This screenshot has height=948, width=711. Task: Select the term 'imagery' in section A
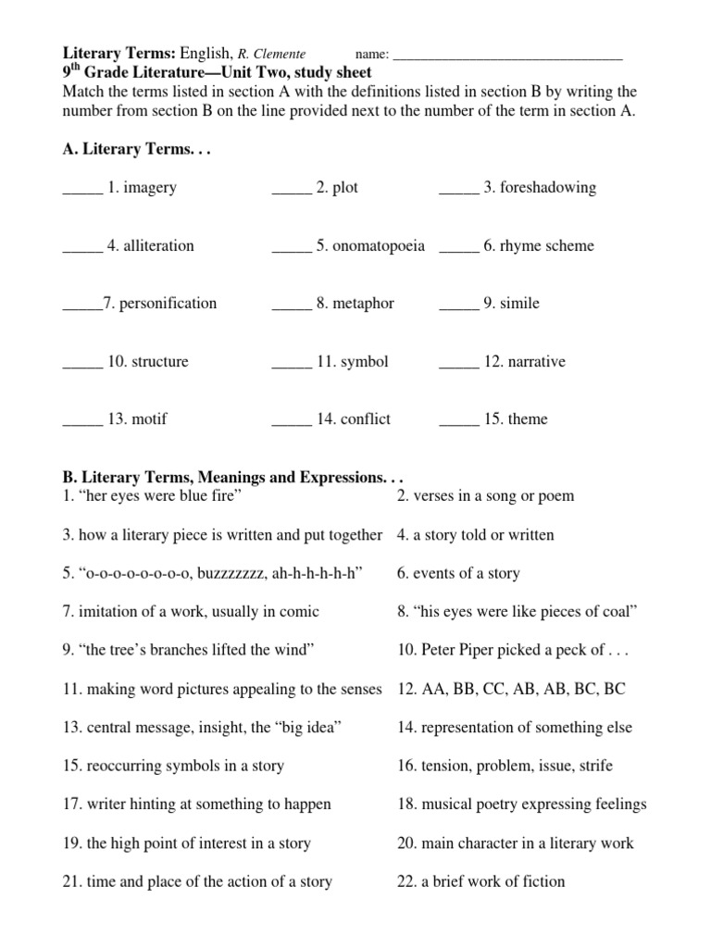[x=150, y=188]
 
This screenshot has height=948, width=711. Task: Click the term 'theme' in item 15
[x=528, y=419]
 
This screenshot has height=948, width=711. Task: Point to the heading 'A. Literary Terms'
[x=136, y=149]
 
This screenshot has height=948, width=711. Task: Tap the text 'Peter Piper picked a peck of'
[x=514, y=651]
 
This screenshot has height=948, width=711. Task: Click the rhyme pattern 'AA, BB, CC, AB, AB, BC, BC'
[x=523, y=690]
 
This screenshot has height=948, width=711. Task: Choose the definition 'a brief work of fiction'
[x=493, y=882]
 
